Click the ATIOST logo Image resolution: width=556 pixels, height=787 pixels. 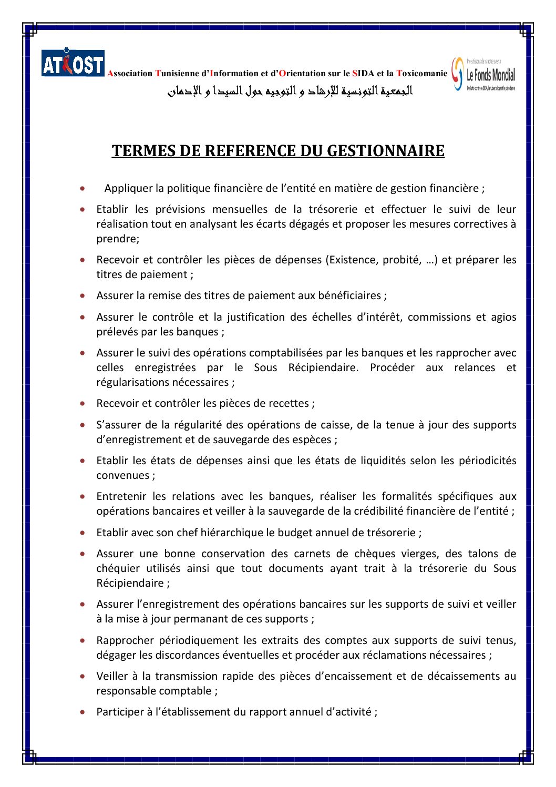click(73, 63)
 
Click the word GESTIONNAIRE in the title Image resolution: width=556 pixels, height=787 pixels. click(386, 151)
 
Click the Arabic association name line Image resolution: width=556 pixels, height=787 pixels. click(290, 91)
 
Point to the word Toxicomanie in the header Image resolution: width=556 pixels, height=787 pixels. click(422, 74)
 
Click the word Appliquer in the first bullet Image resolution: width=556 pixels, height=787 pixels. click(127, 188)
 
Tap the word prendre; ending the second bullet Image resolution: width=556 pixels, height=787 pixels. click(118, 239)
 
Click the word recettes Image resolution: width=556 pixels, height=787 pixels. click(289, 403)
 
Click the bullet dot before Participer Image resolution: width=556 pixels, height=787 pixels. click(83, 712)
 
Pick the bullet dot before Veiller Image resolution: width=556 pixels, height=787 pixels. click(83, 677)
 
